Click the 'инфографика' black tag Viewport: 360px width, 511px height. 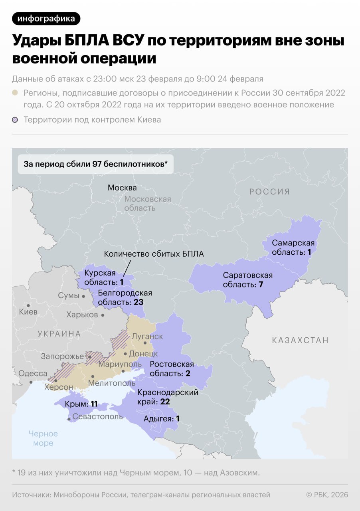(46, 19)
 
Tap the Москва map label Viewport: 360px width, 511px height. (122, 188)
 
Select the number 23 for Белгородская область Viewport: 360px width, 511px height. (138, 302)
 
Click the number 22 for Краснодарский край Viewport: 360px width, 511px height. (165, 402)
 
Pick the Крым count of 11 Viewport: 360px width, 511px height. (94, 404)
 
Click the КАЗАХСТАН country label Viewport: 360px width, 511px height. (300, 341)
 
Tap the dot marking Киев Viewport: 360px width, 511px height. (28, 305)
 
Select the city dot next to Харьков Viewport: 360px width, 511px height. (103, 315)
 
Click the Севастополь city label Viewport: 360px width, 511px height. (97, 417)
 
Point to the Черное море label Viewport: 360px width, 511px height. (43, 438)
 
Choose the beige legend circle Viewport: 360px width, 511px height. (15, 93)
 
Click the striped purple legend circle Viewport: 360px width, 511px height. (15, 120)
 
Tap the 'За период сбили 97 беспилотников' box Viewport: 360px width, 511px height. (96, 164)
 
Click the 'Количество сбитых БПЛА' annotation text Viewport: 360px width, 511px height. (154, 254)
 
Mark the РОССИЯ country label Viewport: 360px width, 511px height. (269, 192)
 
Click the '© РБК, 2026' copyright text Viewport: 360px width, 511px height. (327, 495)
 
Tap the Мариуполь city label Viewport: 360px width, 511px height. (120, 364)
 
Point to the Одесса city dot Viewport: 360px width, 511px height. (31, 382)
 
